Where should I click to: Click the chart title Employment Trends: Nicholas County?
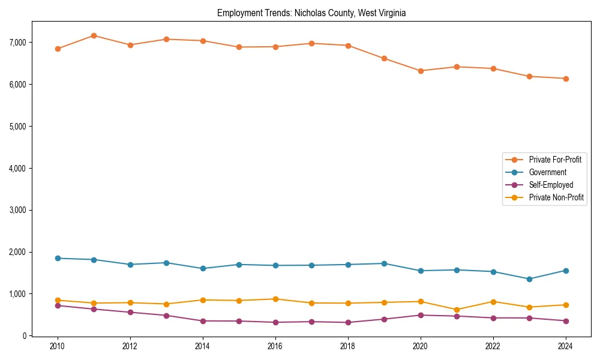tap(311, 13)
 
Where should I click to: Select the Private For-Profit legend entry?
tap(554, 160)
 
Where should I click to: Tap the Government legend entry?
tap(547, 172)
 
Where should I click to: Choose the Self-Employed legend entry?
tap(551, 185)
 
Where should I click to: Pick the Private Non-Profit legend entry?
tap(556, 197)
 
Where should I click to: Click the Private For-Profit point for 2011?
tap(94, 35)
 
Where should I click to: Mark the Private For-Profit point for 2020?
tap(421, 71)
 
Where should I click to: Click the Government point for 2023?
tap(529, 279)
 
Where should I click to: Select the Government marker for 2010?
tap(58, 258)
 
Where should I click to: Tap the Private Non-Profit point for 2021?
tap(457, 310)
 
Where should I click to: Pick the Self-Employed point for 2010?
tap(58, 305)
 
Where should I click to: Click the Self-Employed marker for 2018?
tap(348, 322)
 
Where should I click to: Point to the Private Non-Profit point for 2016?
tap(275, 299)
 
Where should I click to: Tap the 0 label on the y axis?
tap(25, 336)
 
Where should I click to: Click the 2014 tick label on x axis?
tap(203, 347)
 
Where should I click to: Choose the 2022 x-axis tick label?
tap(493, 347)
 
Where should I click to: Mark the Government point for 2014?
tap(203, 268)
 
